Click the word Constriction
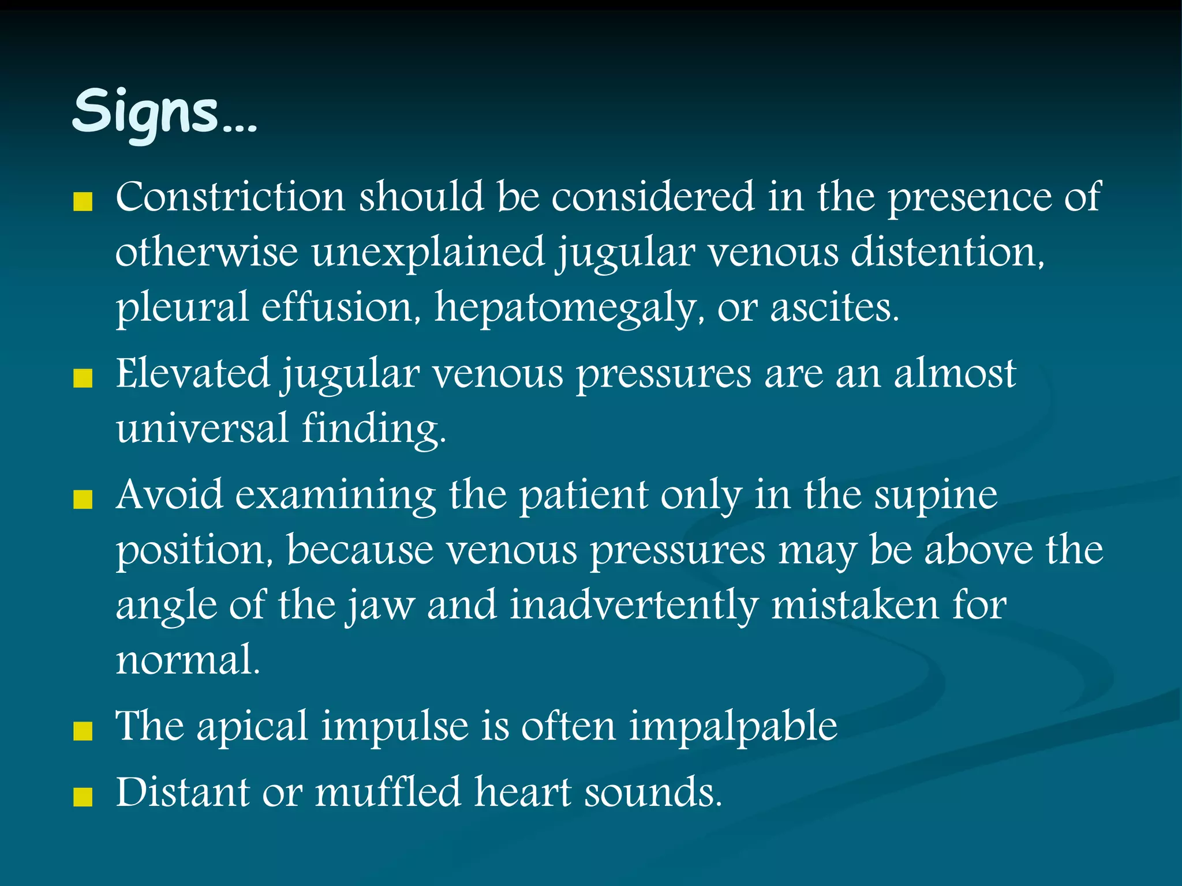pyautogui.click(x=230, y=197)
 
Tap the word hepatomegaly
pyautogui.click(x=565, y=307)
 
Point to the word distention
pyautogui.click(x=947, y=252)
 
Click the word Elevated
pyautogui.click(x=193, y=374)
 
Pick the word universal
pyautogui.click(x=202, y=429)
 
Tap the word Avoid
pyautogui.click(x=169, y=495)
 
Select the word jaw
pyautogui.click(x=380, y=606)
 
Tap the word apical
pyautogui.click(x=252, y=726)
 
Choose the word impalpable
pyautogui.click(x=733, y=726)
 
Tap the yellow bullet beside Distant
pyautogui.click(x=84, y=797)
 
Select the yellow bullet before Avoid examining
pyautogui.click(x=84, y=500)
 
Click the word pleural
pyautogui.click(x=182, y=307)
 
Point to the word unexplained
pyautogui.click(x=428, y=252)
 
